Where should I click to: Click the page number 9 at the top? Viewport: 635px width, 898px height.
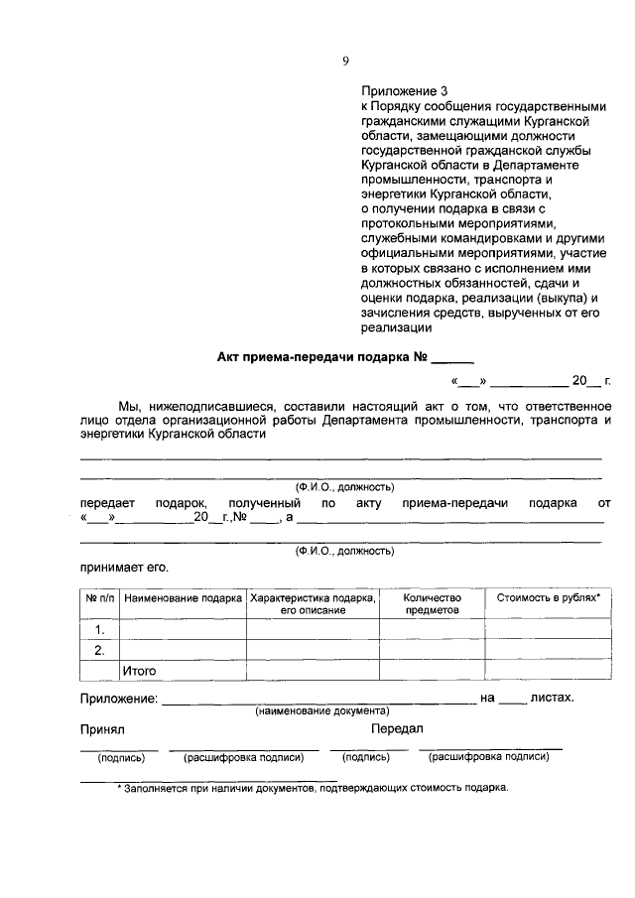[345, 61]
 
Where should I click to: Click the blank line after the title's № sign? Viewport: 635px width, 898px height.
[453, 361]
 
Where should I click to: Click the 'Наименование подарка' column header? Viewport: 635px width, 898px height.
[184, 598]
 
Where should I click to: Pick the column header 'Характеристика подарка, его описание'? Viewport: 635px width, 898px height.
[313, 604]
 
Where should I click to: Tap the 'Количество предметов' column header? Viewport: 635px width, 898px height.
[432, 604]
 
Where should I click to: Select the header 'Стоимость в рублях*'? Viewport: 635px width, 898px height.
[548, 598]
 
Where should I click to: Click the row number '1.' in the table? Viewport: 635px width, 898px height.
[99, 630]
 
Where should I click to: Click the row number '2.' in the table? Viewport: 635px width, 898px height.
[99, 651]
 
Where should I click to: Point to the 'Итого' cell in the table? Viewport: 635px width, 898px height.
[140, 672]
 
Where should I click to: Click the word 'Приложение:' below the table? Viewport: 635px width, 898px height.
[118, 699]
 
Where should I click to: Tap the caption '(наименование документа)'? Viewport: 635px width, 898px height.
[321, 711]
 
